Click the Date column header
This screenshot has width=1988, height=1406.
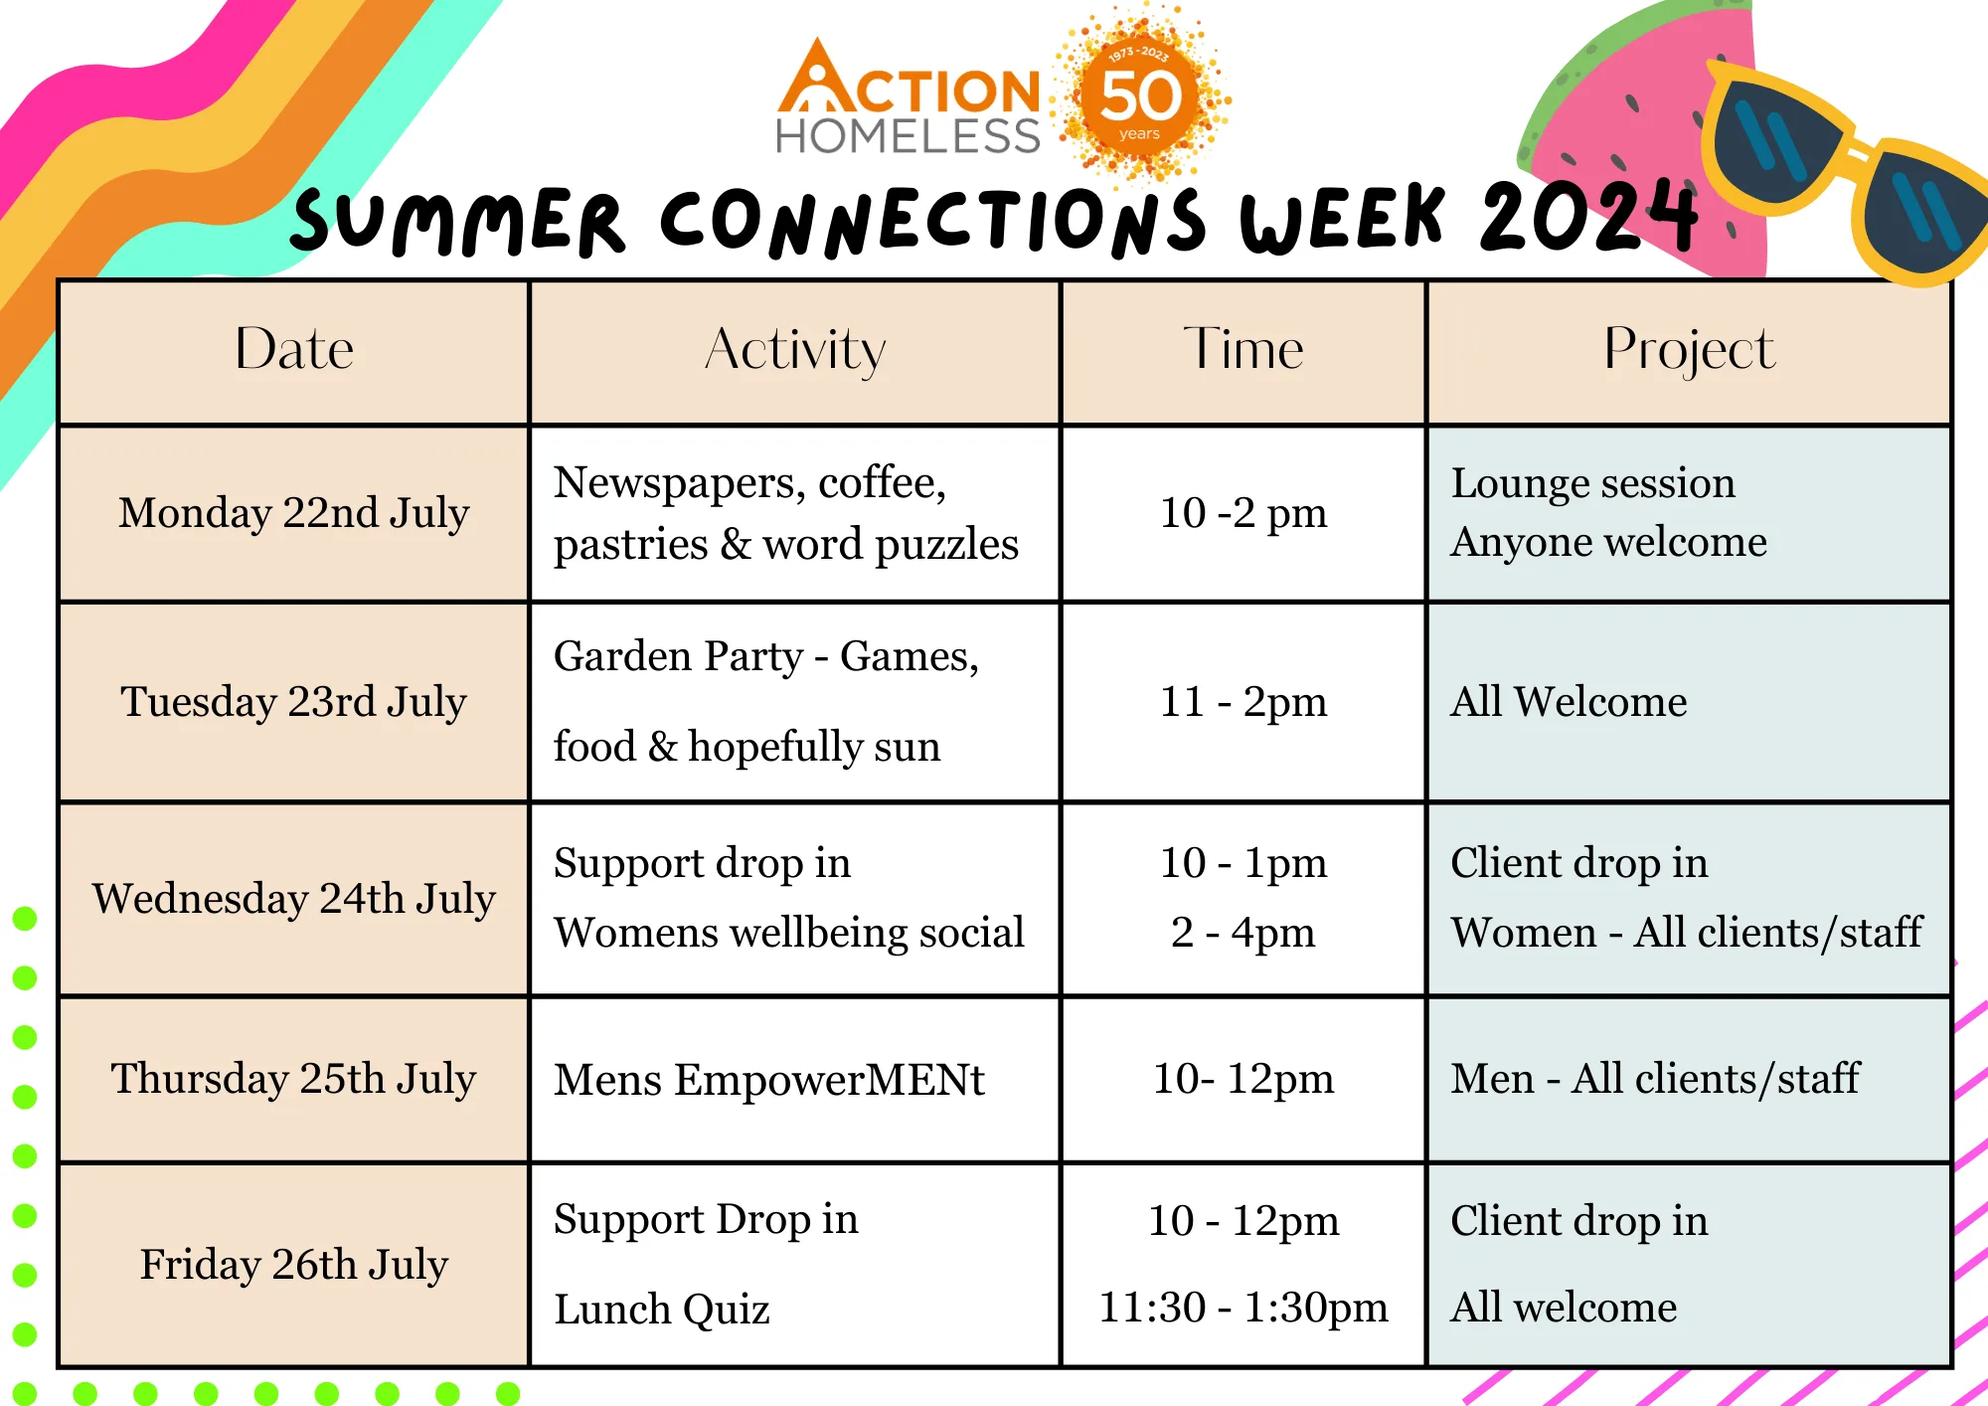point(294,349)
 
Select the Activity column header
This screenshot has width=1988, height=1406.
point(795,351)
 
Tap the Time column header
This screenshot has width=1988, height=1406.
point(1242,349)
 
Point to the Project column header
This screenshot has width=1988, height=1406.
point(1689,351)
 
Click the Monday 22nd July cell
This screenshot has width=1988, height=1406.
point(294,513)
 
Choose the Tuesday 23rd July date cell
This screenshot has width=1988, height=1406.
point(294,702)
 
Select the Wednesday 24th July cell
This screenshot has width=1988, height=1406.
point(294,899)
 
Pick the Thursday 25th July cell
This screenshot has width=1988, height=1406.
point(294,1079)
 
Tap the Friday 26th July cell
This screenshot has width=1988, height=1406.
point(294,1265)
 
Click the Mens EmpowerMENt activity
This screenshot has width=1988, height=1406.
point(769,1080)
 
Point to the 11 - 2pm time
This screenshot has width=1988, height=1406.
point(1243,702)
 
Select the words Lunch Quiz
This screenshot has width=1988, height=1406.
point(662,1310)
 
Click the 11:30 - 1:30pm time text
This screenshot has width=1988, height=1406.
point(1243,1308)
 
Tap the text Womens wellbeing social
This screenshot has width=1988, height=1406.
point(789,933)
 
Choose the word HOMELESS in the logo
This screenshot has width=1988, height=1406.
point(908,135)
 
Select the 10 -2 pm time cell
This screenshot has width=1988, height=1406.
point(1243,513)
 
